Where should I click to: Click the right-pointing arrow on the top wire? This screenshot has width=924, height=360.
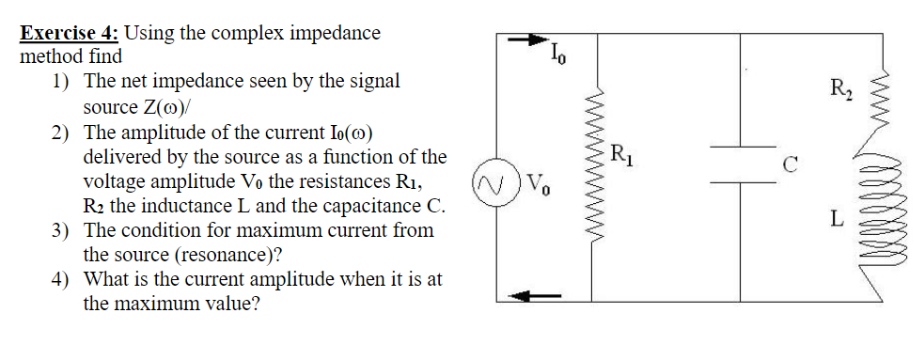click(x=527, y=40)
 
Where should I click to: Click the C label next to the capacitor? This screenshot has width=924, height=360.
click(x=791, y=169)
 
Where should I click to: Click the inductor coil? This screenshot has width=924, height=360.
click(x=880, y=216)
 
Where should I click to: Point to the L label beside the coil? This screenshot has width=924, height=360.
click(x=836, y=219)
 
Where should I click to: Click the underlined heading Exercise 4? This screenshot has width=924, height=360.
click(x=70, y=34)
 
